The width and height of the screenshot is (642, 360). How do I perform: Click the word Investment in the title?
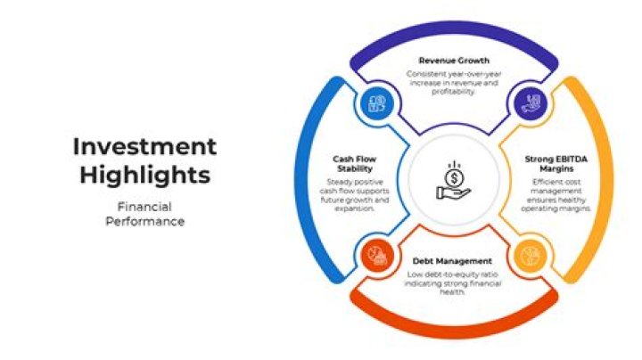144,146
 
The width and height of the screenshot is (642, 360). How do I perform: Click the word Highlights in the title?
145,176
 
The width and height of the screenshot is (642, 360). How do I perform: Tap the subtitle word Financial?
144,207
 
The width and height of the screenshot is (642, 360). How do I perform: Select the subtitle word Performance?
145,221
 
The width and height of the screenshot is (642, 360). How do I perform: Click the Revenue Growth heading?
454,61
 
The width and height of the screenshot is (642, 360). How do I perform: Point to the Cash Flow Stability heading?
355,164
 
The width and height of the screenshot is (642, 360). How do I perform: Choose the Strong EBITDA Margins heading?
556,164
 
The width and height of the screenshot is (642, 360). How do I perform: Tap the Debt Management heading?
452,261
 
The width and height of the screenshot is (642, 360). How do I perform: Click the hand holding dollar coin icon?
454,180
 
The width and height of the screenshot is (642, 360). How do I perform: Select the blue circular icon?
376,103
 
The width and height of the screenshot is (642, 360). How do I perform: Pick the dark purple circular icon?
531,103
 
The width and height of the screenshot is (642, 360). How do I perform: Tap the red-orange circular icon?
377,256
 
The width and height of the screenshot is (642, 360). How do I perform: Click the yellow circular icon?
531,256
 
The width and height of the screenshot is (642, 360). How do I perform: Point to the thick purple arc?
454,29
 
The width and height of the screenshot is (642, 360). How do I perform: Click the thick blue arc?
303,180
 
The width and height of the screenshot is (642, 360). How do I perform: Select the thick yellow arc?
605,180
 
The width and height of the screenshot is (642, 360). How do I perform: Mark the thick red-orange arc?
454,330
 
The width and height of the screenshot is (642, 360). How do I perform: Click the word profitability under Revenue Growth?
454,92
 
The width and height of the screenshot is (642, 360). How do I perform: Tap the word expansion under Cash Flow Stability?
355,209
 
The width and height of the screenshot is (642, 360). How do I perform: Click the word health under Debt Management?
452,292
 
